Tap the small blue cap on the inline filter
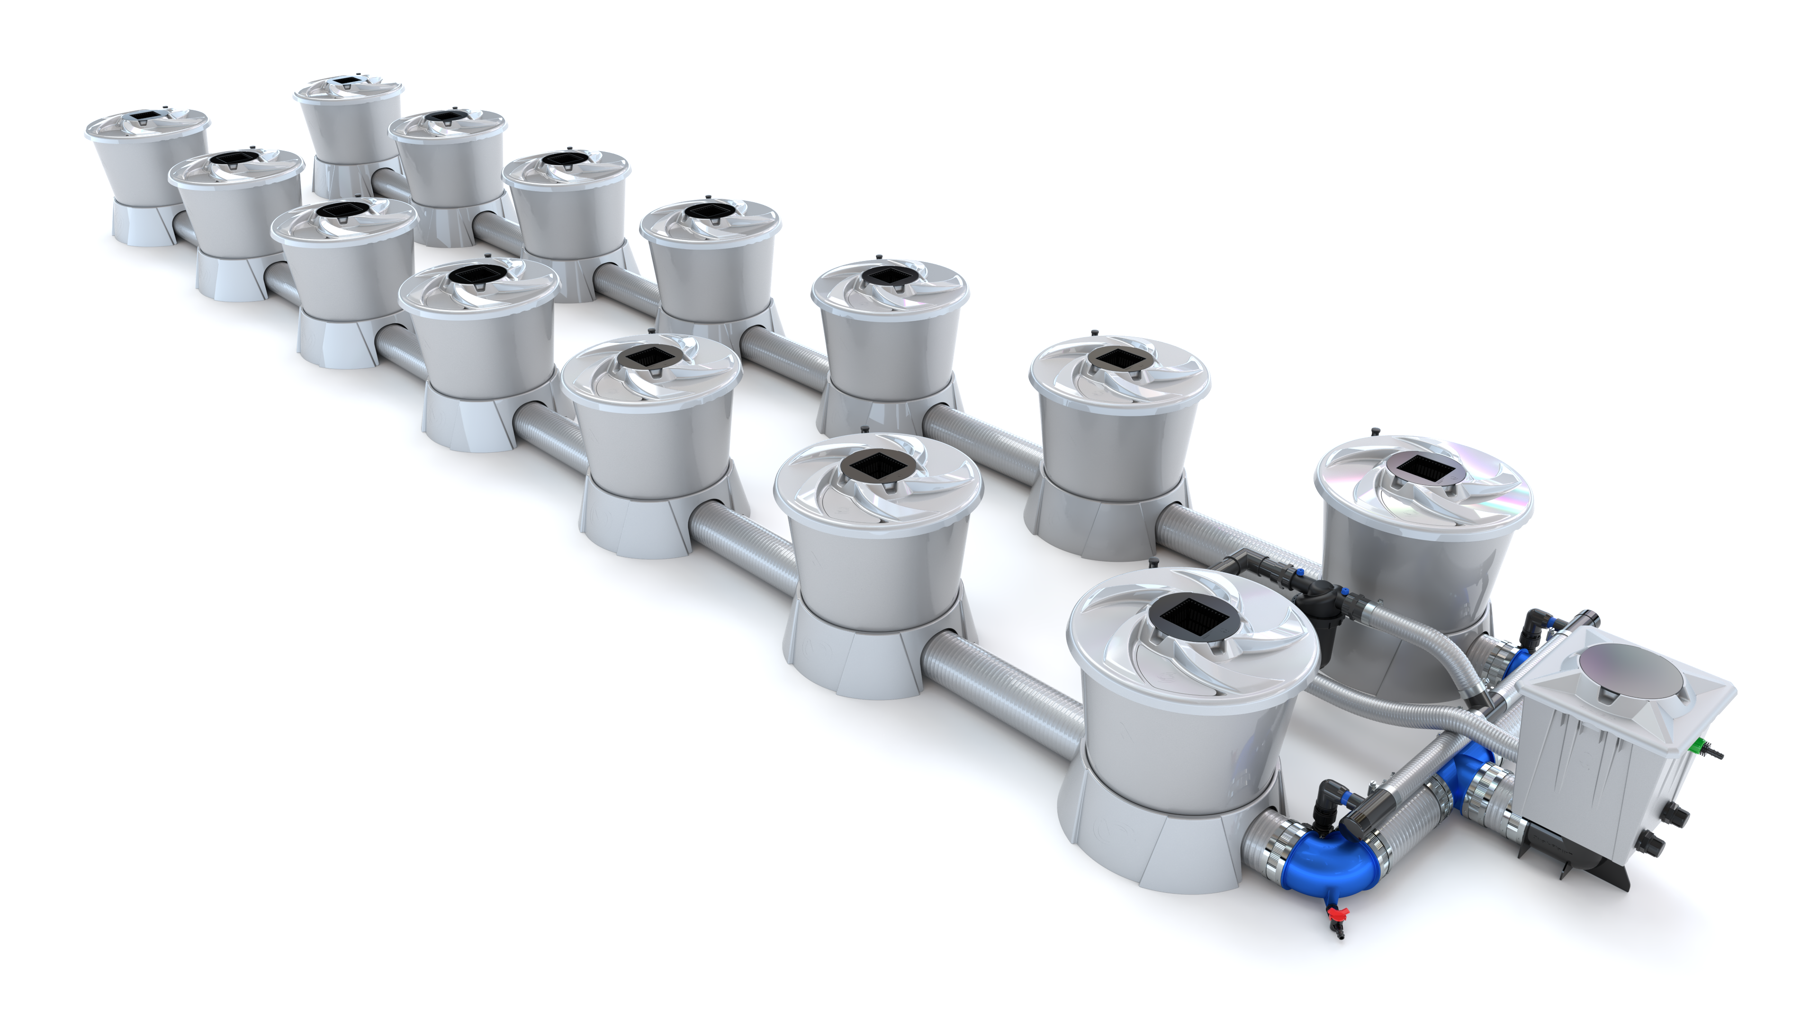point(1346,592)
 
